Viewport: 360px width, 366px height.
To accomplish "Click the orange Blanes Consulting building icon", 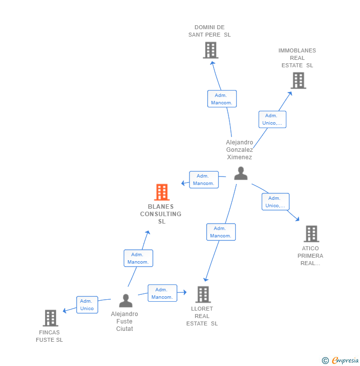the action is (162, 192).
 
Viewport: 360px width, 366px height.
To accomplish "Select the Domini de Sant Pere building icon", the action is (211, 50).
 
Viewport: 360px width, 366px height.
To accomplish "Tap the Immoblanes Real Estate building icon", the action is (298, 80).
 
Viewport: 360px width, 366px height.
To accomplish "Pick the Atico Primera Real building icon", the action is (311, 233).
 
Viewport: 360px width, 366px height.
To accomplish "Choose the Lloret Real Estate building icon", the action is (203, 294).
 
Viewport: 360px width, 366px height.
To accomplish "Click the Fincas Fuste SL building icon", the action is (50, 318).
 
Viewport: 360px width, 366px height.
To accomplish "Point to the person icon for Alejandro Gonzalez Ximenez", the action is (241, 173).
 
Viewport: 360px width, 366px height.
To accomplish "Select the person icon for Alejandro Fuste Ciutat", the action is (126, 301).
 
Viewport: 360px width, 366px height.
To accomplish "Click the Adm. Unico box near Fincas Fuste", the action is (87, 305).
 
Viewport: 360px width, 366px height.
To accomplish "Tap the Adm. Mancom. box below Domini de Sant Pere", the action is (222, 99).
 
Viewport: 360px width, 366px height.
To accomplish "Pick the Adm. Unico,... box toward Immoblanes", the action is (272, 119).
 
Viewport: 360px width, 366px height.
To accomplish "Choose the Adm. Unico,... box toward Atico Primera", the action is (275, 202).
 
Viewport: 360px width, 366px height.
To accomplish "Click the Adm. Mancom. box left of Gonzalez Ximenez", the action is (204, 180).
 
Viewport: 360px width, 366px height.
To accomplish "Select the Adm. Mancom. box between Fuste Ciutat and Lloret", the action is (162, 293).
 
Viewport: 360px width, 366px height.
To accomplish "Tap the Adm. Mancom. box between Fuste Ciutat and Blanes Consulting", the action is (138, 258).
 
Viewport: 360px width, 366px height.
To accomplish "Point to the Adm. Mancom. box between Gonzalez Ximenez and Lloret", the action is (221, 232).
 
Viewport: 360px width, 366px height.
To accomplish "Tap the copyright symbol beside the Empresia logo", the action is (325, 361).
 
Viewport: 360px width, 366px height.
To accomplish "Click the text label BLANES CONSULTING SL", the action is (161, 214).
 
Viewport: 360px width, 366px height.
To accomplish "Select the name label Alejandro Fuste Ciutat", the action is (125, 321).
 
